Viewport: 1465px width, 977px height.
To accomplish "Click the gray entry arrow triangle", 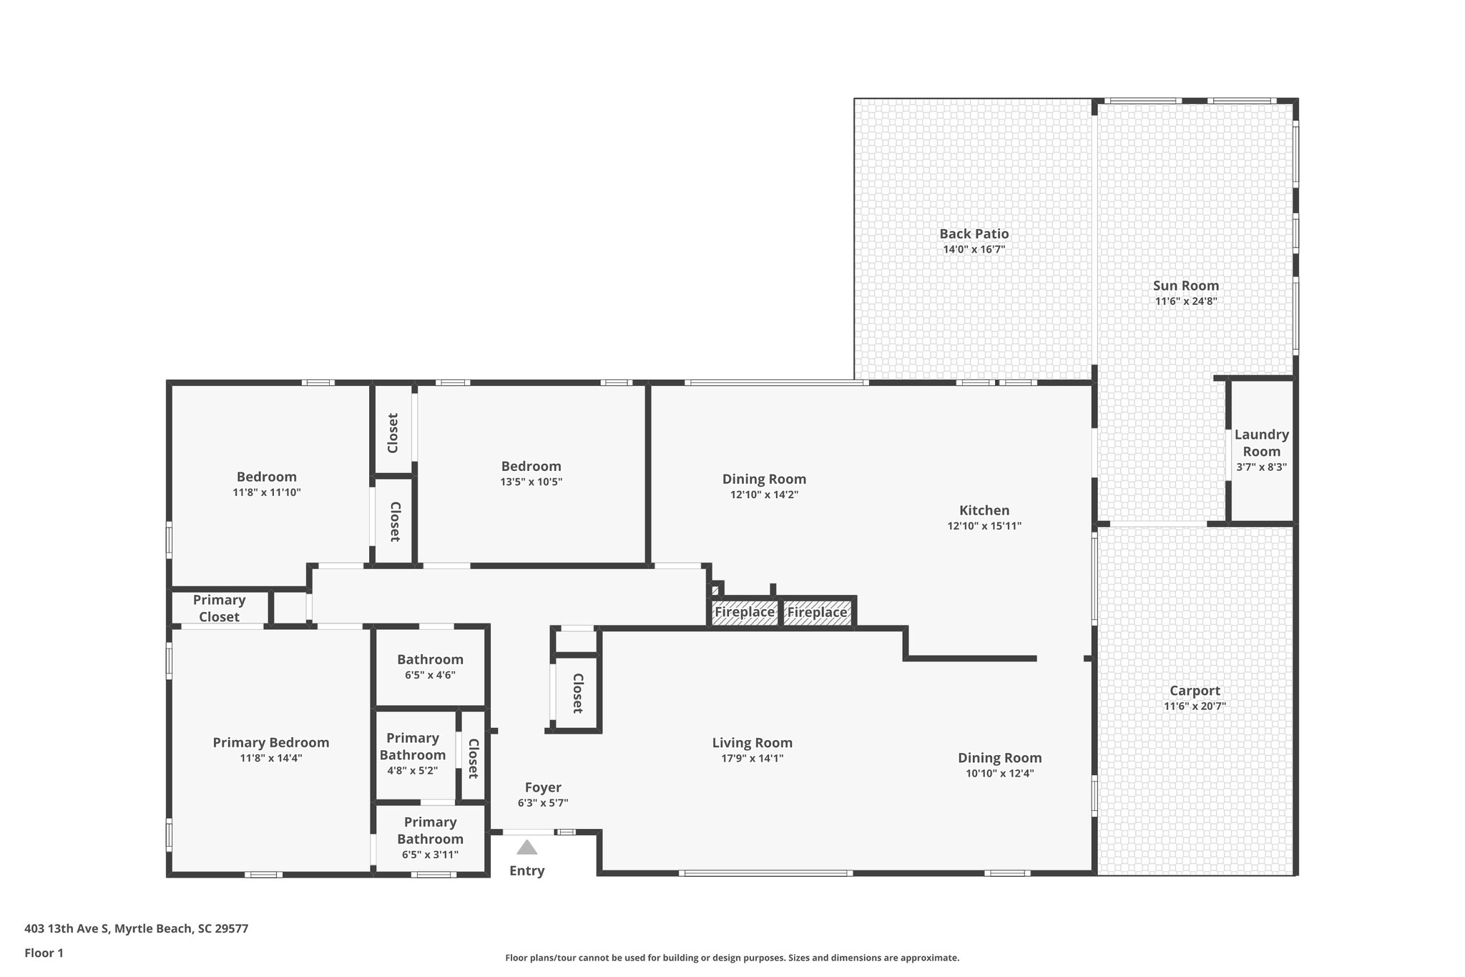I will pos(526,847).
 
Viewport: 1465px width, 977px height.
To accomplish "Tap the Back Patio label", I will pos(974,234).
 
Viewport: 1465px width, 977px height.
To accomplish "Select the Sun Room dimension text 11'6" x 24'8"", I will pos(1185,301).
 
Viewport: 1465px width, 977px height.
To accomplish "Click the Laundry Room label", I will pos(1261,443).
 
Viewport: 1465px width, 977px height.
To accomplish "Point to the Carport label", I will pos(1195,691).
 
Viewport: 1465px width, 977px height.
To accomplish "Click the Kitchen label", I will pos(984,510).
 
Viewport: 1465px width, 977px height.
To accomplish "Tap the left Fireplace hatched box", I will pos(744,612).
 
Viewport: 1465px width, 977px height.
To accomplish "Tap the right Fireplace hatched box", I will pos(817,613).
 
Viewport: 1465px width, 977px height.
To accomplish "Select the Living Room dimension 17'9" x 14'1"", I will pos(752,759).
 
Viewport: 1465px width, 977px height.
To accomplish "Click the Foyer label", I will pos(542,787).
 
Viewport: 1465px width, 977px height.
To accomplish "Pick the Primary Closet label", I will pos(219,608).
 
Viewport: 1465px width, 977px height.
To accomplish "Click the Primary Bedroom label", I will pos(270,743).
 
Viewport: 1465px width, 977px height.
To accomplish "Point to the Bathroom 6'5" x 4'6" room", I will pos(430,666).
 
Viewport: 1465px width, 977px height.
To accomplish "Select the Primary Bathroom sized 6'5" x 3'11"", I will pos(430,837).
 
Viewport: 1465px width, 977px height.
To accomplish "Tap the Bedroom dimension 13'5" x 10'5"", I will pos(531,482).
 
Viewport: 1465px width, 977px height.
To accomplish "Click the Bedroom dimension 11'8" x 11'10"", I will pos(266,492).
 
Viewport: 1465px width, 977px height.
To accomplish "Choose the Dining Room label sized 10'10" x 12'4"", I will pos(999,758).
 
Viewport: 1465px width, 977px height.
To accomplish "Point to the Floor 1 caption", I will pos(44,953).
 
